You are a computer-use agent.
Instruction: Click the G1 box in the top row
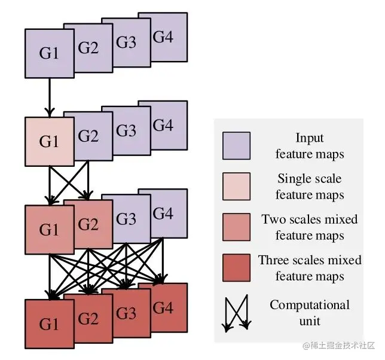click(49, 53)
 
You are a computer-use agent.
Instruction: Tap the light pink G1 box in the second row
click(49, 142)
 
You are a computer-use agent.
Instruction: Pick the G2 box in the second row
click(88, 136)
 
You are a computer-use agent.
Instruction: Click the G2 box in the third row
click(88, 225)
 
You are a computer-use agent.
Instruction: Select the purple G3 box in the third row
click(127, 219)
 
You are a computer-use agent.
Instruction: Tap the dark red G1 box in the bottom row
click(49, 324)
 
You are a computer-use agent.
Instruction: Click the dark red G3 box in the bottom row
click(127, 313)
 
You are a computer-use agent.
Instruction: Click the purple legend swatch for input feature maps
click(237, 146)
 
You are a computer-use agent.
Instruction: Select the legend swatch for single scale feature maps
click(237, 187)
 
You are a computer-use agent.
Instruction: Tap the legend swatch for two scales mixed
click(237, 227)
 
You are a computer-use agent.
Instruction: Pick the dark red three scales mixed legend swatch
click(237, 268)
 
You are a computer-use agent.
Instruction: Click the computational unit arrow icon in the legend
click(236, 313)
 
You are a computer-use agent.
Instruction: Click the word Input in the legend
click(310, 138)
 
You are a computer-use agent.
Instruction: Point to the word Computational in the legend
click(310, 305)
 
